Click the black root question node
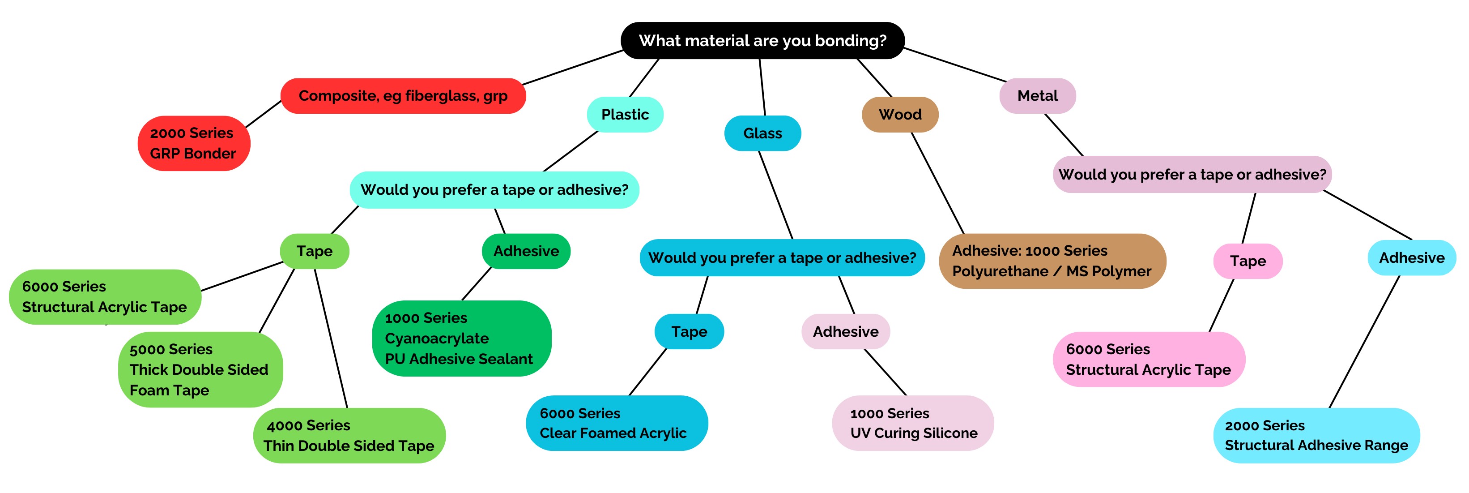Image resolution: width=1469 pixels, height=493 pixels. (762, 40)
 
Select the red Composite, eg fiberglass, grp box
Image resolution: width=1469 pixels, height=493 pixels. (403, 96)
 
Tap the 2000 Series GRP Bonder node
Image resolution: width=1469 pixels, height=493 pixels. (193, 143)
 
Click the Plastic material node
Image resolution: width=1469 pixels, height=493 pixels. (625, 115)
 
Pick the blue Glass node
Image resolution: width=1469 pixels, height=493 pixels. (762, 133)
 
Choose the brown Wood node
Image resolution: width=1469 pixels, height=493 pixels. (900, 115)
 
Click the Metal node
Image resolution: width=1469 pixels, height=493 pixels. (1037, 96)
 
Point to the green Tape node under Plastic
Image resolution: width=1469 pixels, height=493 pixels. (314, 251)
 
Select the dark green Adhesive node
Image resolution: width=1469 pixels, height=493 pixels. (526, 251)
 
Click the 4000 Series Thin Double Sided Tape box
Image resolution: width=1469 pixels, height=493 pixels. (349, 435)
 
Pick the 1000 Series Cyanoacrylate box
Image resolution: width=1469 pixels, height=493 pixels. (461, 339)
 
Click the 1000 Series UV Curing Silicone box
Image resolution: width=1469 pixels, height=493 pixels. (912, 423)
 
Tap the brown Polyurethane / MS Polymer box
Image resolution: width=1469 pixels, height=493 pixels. (1052, 261)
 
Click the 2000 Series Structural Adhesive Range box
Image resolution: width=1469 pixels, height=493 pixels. (1316, 435)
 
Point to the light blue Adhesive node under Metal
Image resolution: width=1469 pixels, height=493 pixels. (1411, 258)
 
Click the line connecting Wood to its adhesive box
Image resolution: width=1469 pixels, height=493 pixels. (938, 183)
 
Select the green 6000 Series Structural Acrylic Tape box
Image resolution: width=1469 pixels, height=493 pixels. (105, 297)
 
